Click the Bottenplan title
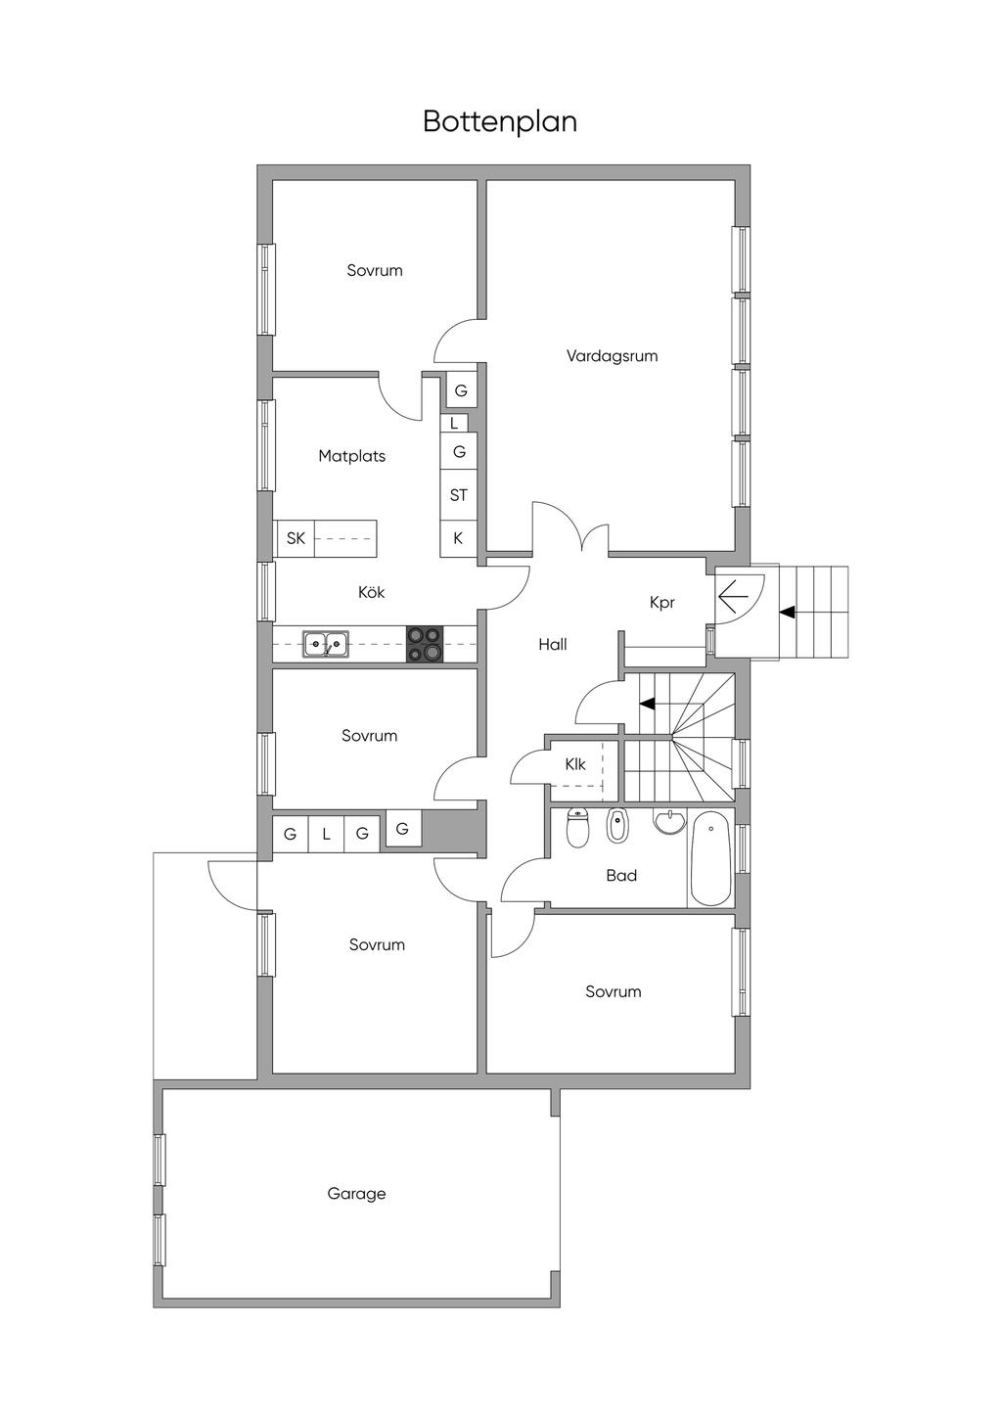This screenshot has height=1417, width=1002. pyautogui.click(x=500, y=121)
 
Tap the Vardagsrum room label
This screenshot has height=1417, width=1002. pyautogui.click(x=612, y=356)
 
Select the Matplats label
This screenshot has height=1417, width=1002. pyautogui.click(x=351, y=456)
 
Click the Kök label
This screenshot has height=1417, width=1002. pyautogui.click(x=371, y=592)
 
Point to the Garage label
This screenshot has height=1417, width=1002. pyautogui.click(x=356, y=1194)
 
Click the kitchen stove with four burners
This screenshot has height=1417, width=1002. pyautogui.click(x=425, y=644)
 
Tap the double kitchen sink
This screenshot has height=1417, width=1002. pyautogui.click(x=325, y=644)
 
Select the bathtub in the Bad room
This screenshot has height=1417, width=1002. pyautogui.click(x=710, y=858)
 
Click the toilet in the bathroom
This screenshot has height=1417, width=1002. pyautogui.click(x=577, y=828)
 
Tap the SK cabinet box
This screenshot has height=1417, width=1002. pyautogui.click(x=296, y=538)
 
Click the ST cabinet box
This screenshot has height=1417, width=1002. pyautogui.click(x=458, y=495)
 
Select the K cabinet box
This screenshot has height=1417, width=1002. pyautogui.click(x=458, y=538)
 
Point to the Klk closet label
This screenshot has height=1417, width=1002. pyautogui.click(x=575, y=764)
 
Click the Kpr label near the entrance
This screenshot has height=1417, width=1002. pyautogui.click(x=662, y=603)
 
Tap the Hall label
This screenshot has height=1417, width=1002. pyautogui.click(x=553, y=644)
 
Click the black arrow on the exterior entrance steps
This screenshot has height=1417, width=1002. pyautogui.click(x=786, y=613)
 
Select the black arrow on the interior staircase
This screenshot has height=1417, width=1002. pyautogui.click(x=647, y=703)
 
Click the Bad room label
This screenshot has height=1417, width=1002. pyautogui.click(x=621, y=876)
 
